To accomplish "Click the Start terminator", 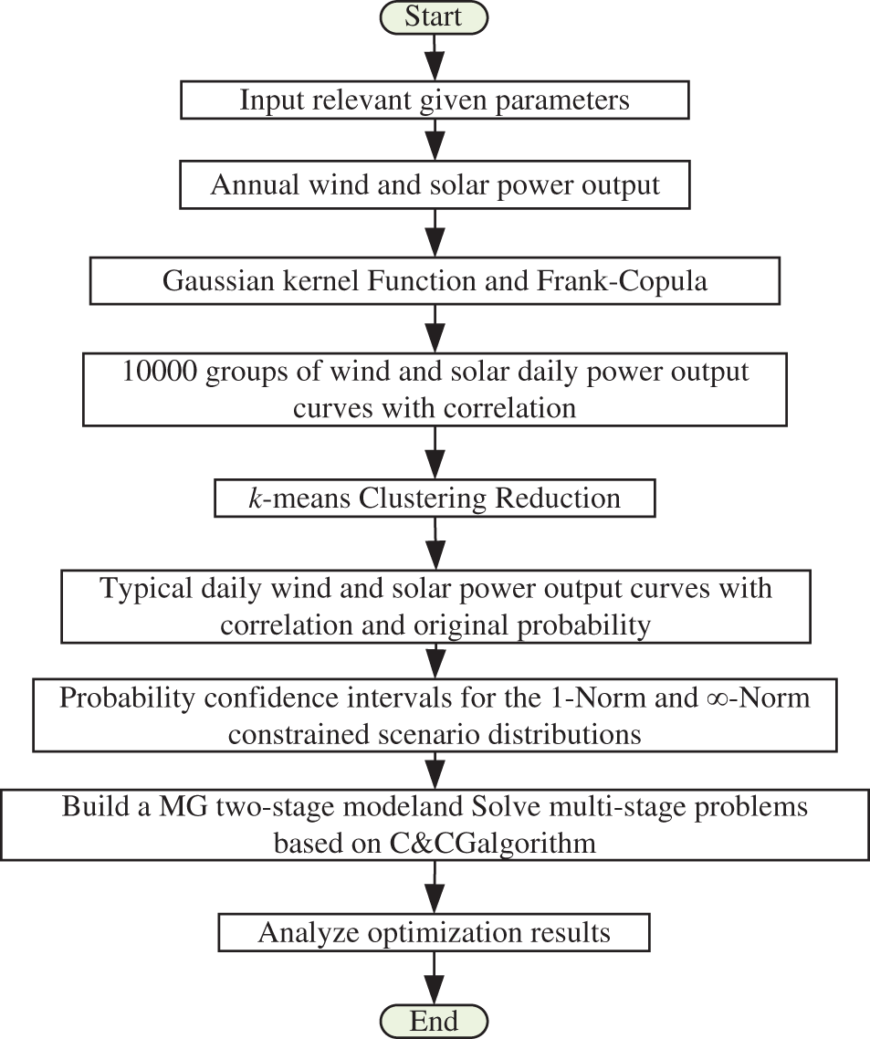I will [434, 17].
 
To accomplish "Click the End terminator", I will [434, 1020].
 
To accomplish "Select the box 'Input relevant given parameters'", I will [435, 100].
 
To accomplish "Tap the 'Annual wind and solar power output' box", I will [435, 184].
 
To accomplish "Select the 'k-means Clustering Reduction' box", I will [435, 499].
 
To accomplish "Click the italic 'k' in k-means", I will [254, 499].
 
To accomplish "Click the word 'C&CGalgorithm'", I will [493, 843].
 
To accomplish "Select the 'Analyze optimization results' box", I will [435, 932].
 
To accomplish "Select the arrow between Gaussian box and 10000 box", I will [435, 326].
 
